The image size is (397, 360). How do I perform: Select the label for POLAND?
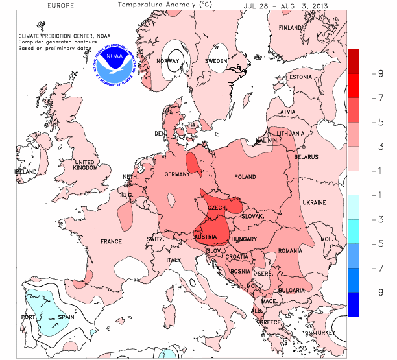pos(245,176)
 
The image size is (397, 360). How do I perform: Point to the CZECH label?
pos(216,207)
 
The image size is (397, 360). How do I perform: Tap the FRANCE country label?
pos(111,241)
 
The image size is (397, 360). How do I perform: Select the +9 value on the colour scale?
pos(376,73)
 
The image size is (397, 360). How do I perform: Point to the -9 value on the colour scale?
pos(376,293)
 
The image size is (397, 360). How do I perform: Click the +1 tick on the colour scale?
pos(376,171)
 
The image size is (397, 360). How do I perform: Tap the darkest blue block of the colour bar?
pos(354,305)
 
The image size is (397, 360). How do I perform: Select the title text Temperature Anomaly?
pos(161,5)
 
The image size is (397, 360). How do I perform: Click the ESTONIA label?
pos(300,77)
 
